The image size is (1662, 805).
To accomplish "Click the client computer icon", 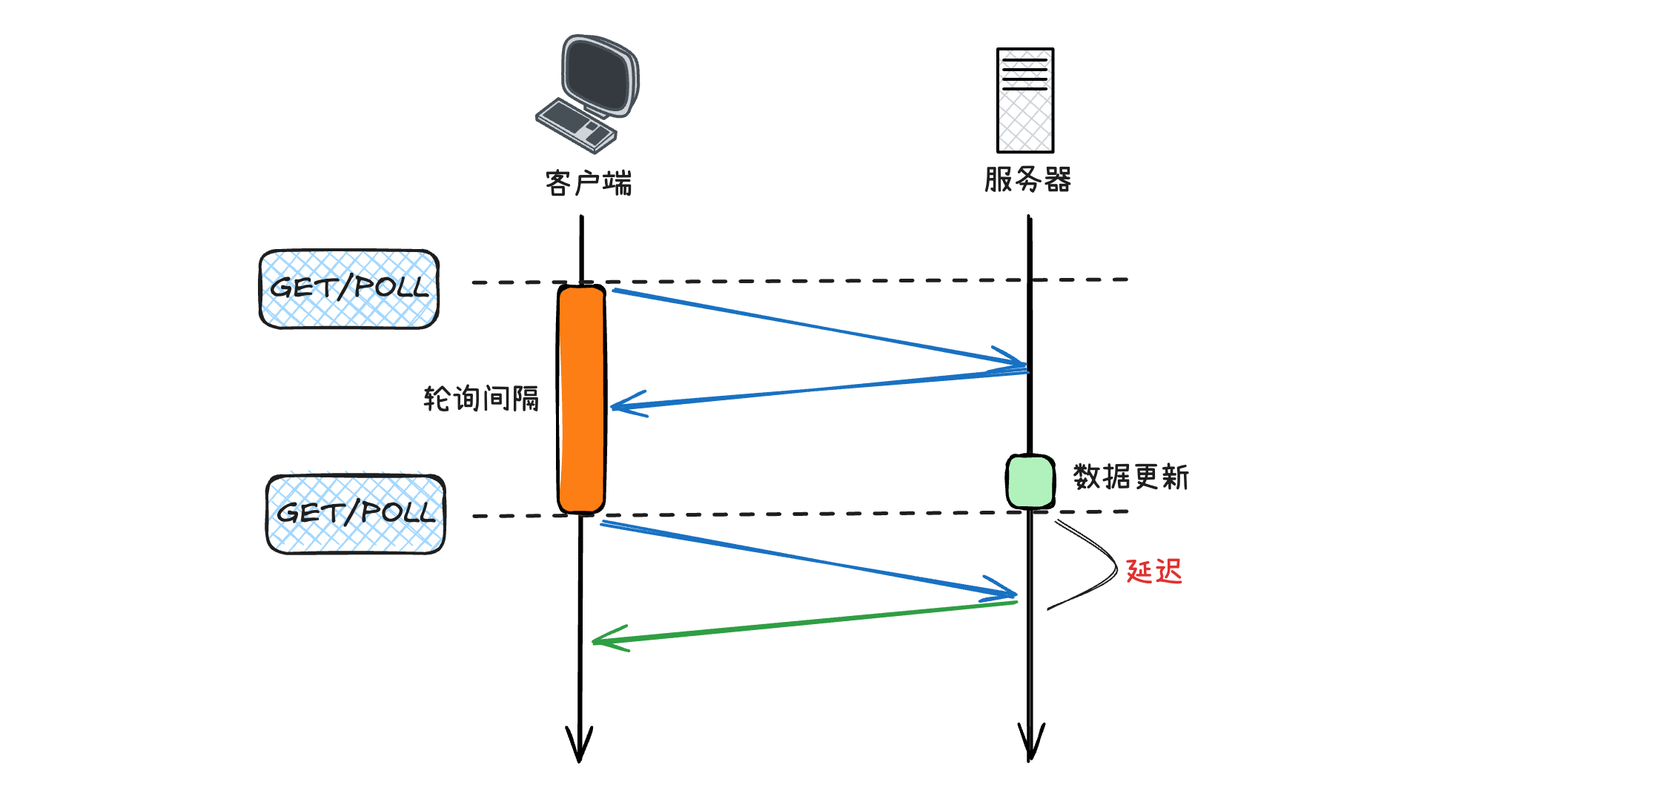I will tap(588, 93).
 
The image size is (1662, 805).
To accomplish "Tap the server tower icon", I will tap(1025, 100).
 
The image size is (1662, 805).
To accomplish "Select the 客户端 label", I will tap(588, 183).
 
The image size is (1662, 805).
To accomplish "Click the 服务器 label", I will tap(1027, 179).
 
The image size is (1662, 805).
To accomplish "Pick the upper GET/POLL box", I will tap(349, 289).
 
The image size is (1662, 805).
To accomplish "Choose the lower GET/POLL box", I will tap(356, 514).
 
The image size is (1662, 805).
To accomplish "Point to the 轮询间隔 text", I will tap(480, 399).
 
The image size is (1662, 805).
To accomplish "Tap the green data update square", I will tap(1030, 481).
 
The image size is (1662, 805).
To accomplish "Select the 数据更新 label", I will tap(1130, 477).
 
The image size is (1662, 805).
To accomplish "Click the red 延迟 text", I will tap(1153, 572).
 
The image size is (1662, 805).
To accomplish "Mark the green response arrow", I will tap(804, 623).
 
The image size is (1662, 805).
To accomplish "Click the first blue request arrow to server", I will tap(815, 328).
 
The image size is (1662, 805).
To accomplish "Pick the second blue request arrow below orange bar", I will tap(808, 559).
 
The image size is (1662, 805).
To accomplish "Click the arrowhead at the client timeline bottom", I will tap(579, 745).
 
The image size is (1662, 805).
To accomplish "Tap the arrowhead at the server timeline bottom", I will tap(1030, 743).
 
